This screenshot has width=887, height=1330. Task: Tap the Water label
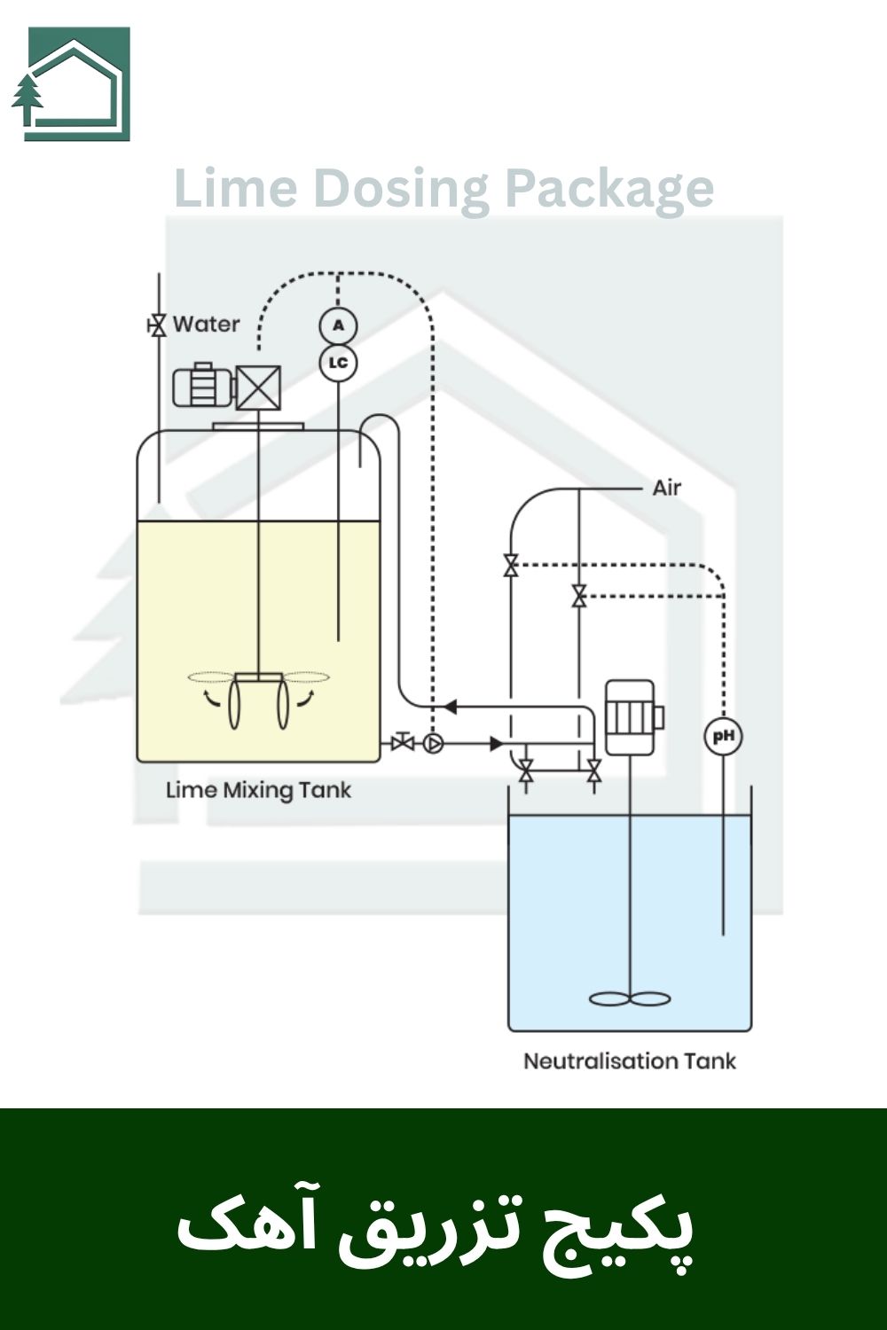[206, 324]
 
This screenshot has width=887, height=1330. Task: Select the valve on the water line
[158, 325]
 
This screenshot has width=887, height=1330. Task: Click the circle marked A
[338, 326]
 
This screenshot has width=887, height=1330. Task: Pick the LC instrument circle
[338, 363]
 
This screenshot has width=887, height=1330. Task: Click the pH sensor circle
[723, 737]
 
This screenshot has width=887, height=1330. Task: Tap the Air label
[666, 488]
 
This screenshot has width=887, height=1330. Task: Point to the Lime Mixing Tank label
[258, 790]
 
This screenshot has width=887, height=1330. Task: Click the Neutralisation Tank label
[629, 1060]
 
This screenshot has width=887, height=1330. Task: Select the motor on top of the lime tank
[201, 387]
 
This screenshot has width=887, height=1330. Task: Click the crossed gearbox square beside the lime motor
[258, 387]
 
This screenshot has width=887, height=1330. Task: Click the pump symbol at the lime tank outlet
[433, 743]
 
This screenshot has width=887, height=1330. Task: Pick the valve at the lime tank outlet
[403, 742]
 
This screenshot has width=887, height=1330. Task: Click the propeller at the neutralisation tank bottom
[630, 998]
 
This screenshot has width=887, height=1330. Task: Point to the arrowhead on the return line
[449, 707]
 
